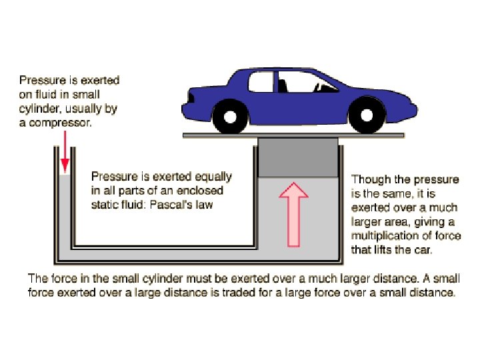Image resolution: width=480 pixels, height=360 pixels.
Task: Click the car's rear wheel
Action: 229,117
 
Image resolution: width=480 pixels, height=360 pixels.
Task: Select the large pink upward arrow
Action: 293,215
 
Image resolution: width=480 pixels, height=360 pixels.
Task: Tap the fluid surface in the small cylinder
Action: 65,175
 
